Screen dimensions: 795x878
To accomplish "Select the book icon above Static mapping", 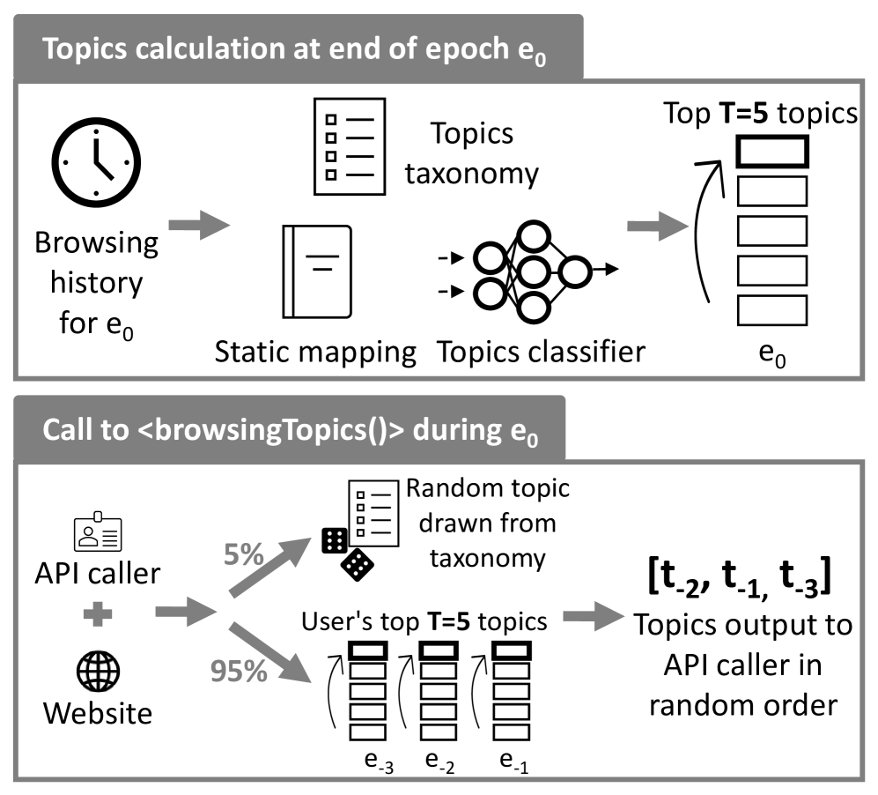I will tap(316, 271).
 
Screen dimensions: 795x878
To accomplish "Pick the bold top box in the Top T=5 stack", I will tap(771, 152).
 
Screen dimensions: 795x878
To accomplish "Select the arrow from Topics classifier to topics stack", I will tap(655, 227).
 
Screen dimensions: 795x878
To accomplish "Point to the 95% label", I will tap(238, 672).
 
